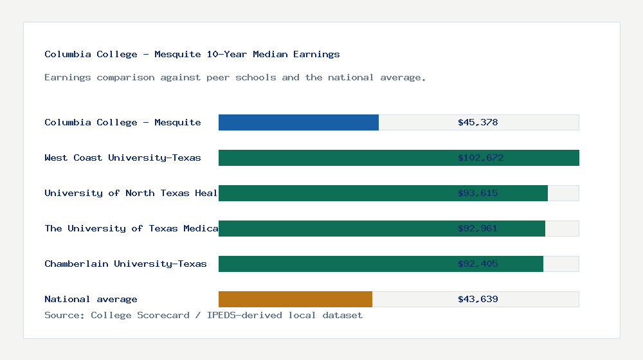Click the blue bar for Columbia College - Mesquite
(298, 122)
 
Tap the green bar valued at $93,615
(334, 193)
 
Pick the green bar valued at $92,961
(334, 228)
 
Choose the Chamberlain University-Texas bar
(334, 264)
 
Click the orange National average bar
(295, 299)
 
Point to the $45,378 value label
(478, 122)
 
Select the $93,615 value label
(478, 193)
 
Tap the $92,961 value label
(478, 228)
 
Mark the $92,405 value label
(478, 264)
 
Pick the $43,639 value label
(478, 299)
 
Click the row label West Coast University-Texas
(122, 157)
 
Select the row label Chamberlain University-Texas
(125, 264)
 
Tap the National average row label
(91, 299)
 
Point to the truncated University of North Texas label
(131, 193)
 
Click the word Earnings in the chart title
(317, 54)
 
